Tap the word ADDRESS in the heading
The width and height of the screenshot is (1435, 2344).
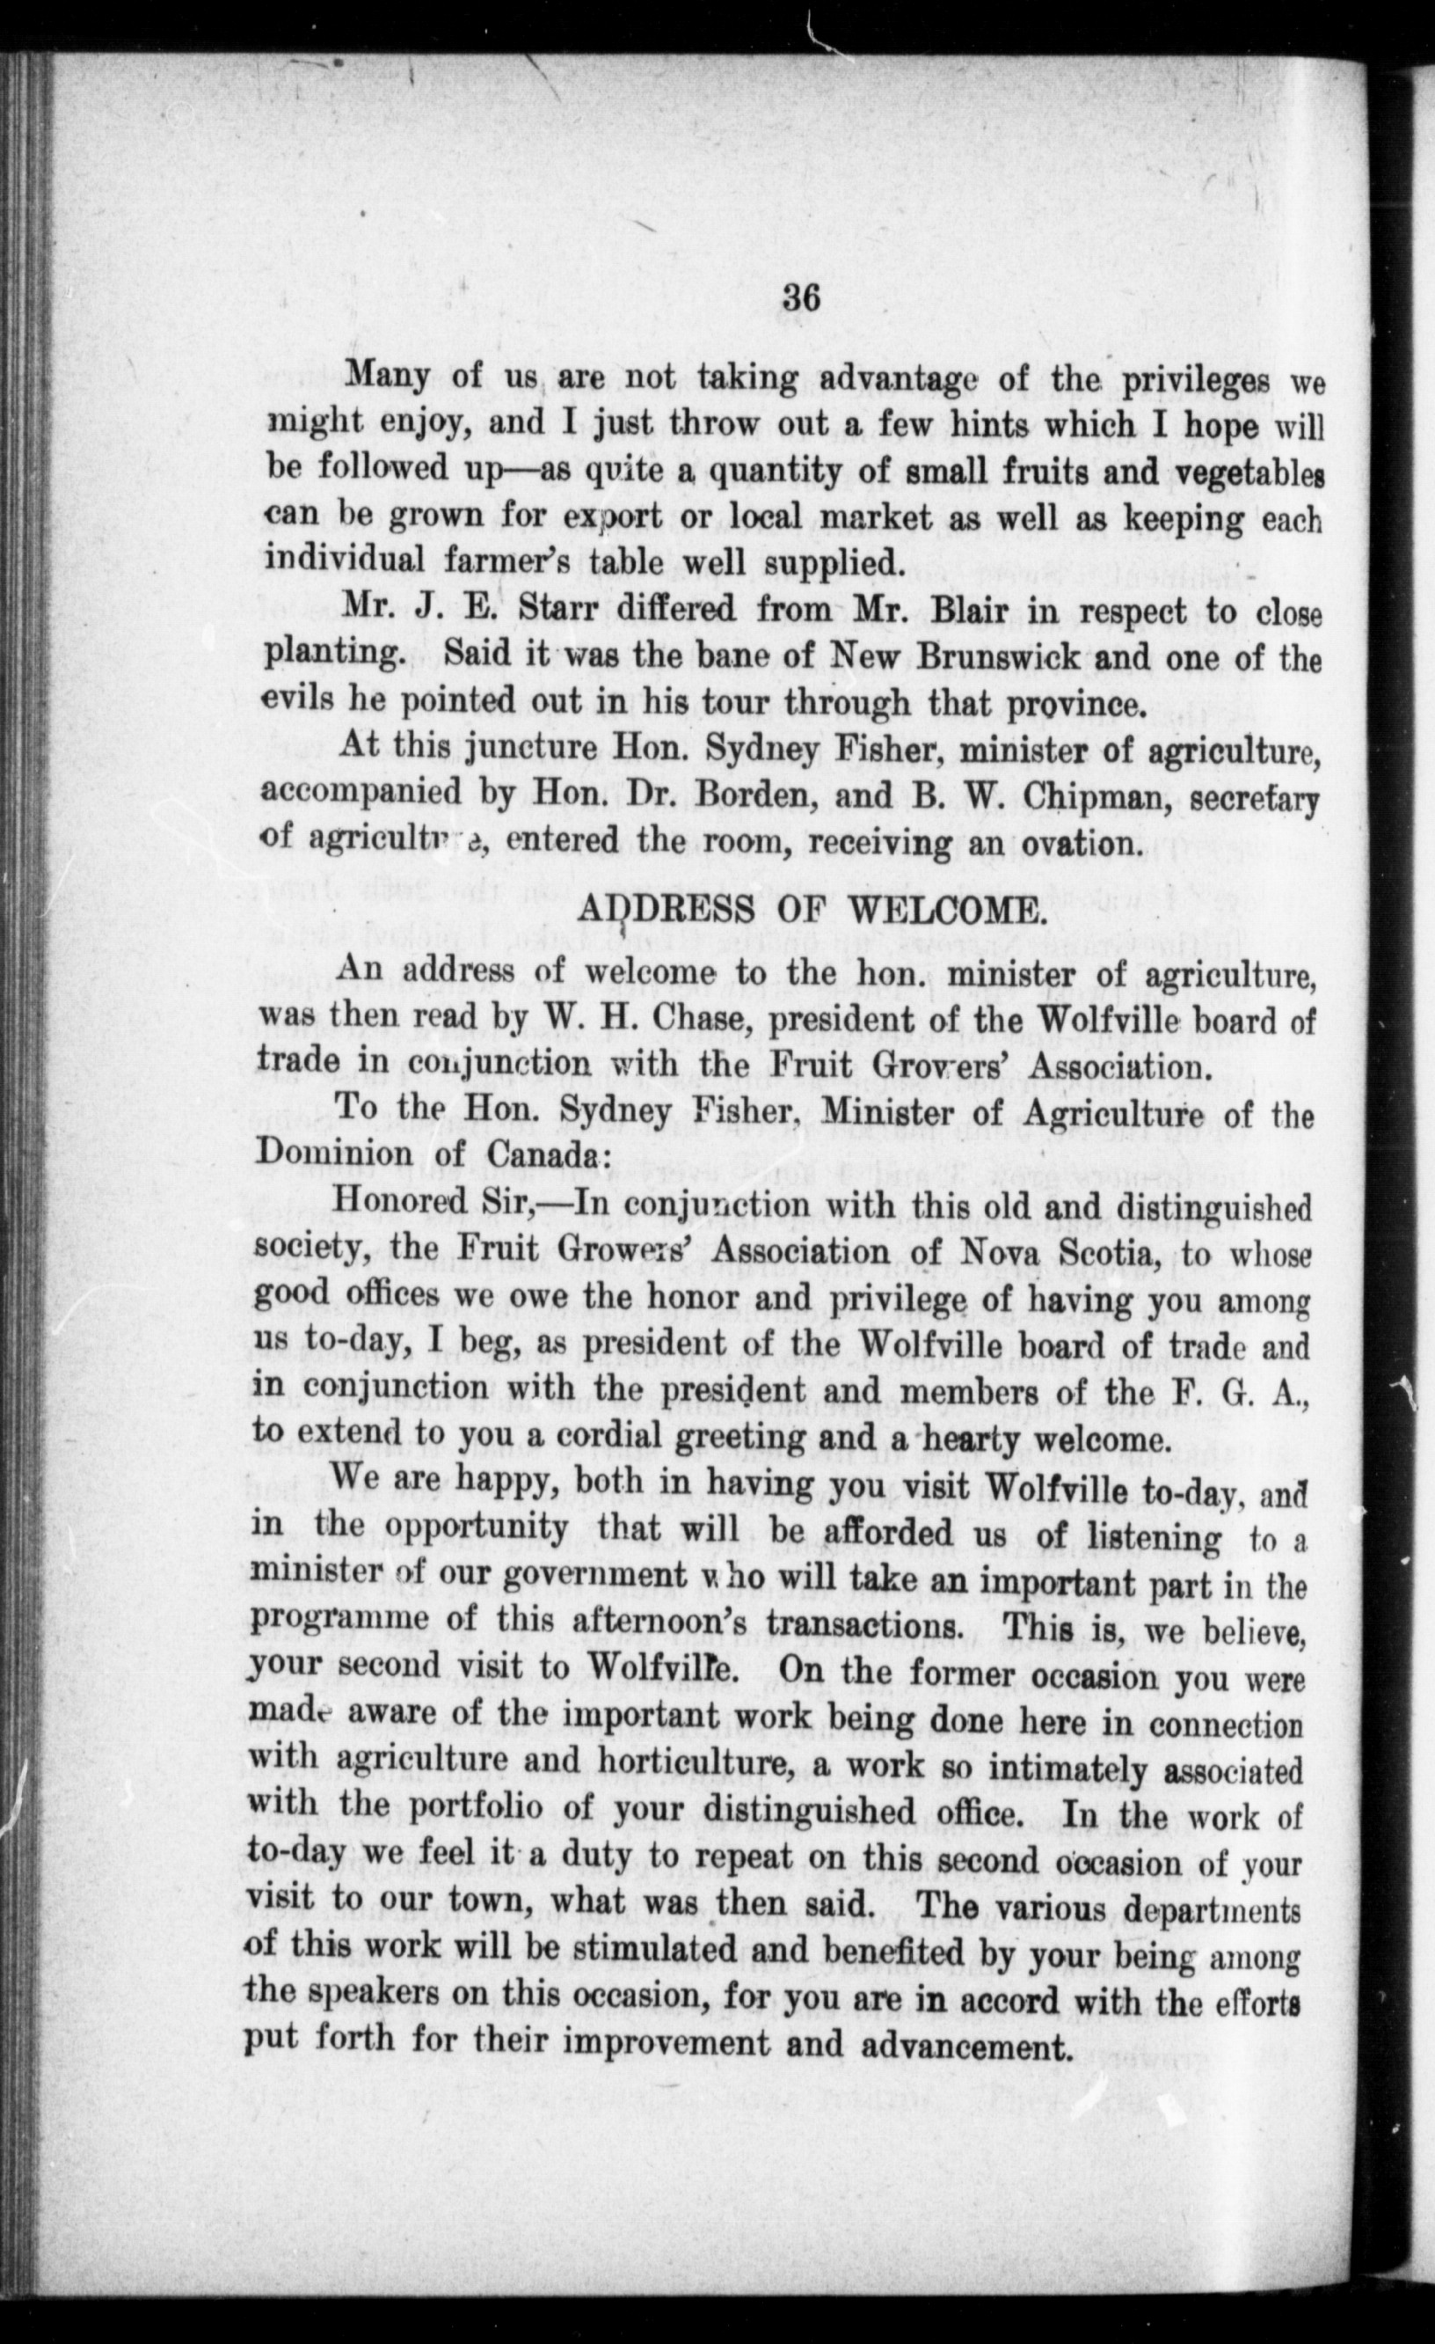667,912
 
